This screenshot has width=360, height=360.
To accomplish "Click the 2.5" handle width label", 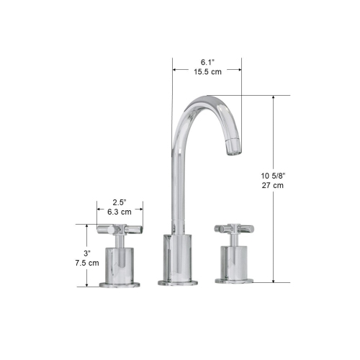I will tap(120, 202).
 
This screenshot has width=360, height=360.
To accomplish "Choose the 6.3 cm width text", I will tap(120, 212).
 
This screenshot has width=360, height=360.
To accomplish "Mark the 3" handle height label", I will tap(86, 253).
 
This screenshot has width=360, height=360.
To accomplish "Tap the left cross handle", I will tap(120, 230).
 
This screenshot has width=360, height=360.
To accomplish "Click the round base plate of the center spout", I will tap(176, 281).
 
